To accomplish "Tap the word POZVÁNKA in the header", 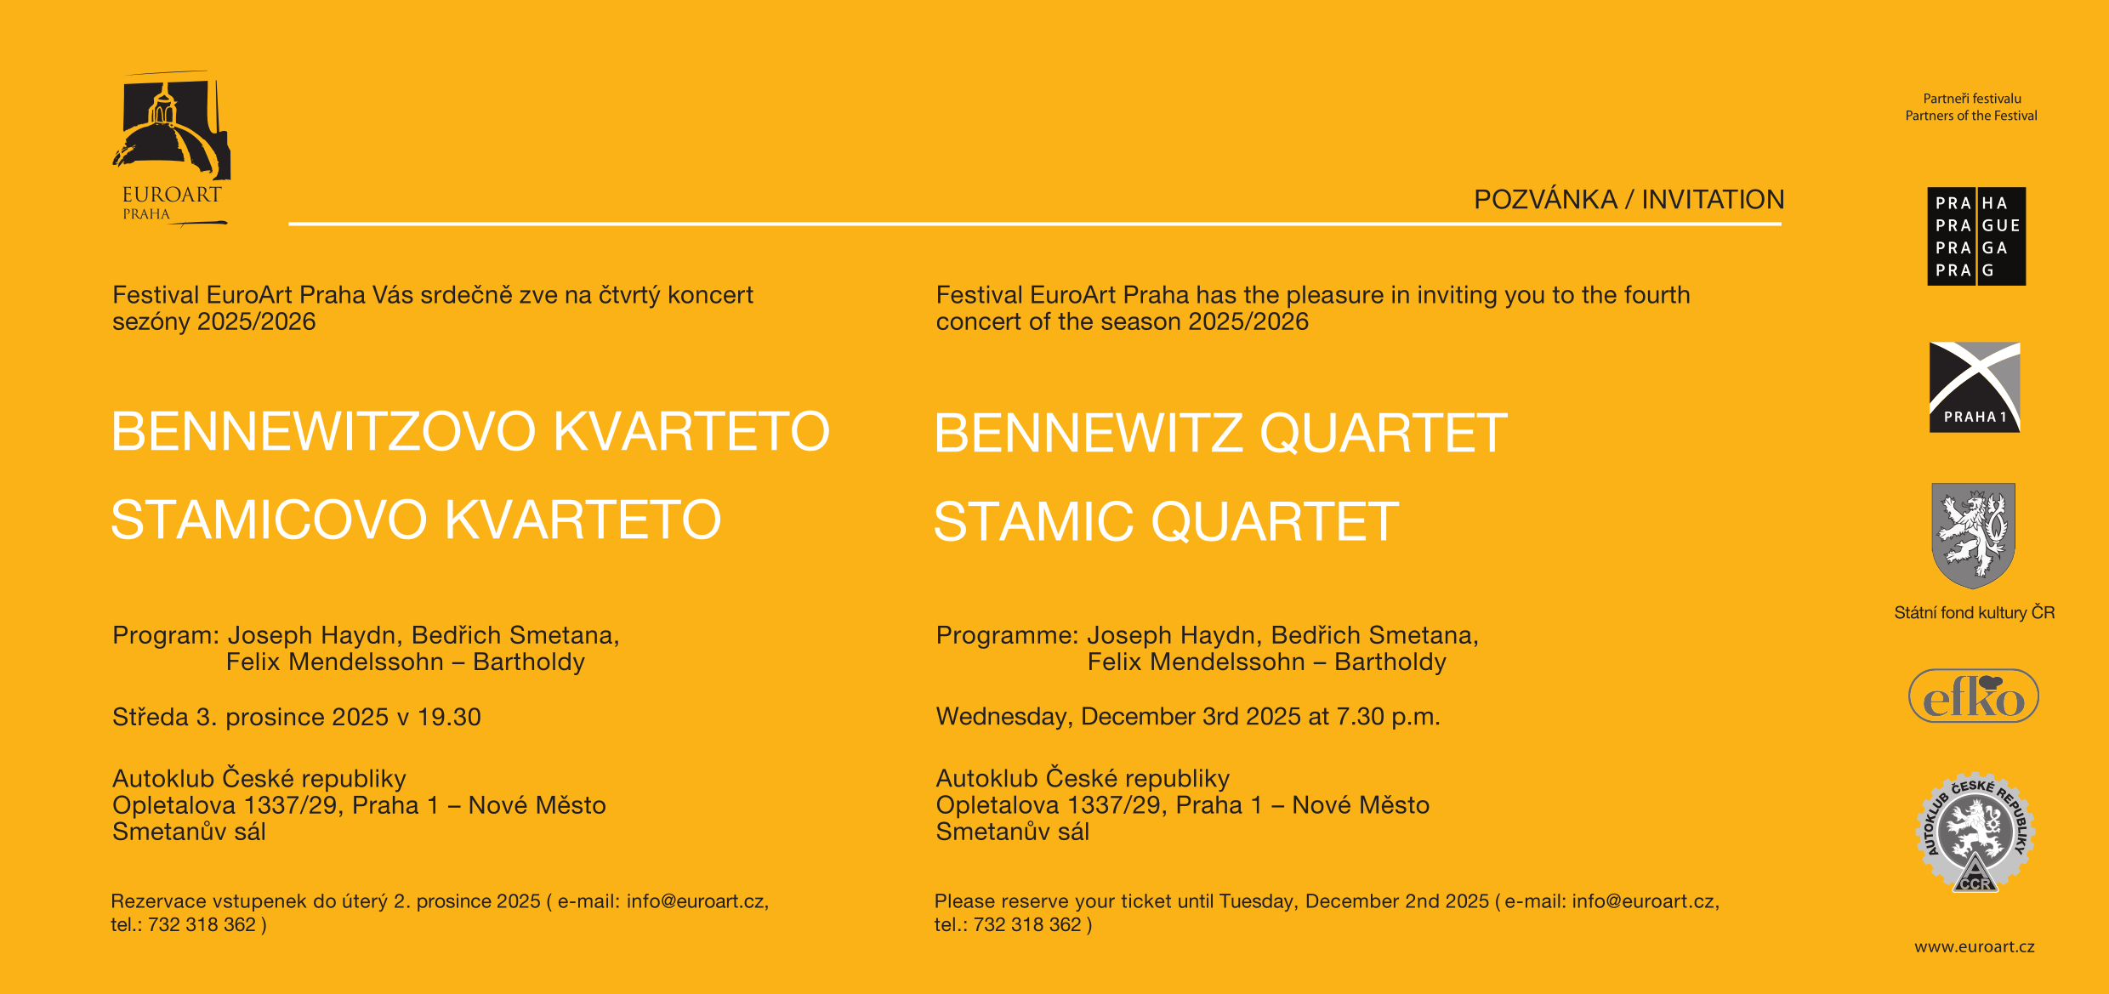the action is click(1545, 199).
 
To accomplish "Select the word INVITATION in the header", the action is click(1713, 199).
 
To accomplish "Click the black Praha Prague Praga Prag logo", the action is click(1976, 236).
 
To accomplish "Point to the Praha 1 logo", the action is click(1975, 387).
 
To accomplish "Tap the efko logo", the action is click(1974, 696).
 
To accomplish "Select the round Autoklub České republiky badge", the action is click(1975, 832).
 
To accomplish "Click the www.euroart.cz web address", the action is click(1975, 946).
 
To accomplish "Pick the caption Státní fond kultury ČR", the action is click(1975, 612).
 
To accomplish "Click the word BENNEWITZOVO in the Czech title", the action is click(324, 431).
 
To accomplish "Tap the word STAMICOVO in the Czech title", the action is click(269, 520).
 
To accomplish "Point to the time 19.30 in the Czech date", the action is click(449, 717).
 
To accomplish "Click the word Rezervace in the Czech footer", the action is click(158, 901).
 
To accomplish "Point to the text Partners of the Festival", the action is click(1971, 116).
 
